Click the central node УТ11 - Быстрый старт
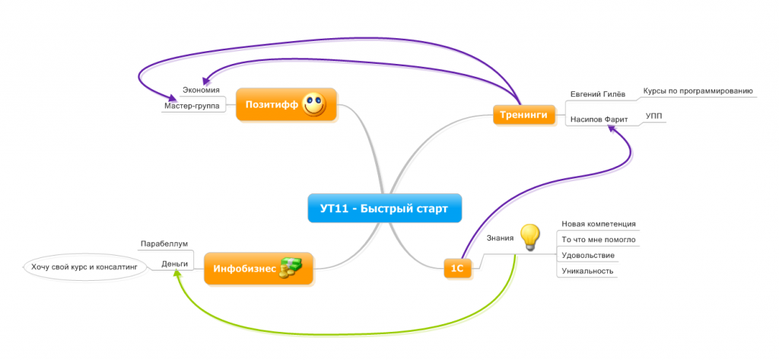click(384, 208)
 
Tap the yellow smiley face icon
click(313, 104)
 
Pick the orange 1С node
click(457, 268)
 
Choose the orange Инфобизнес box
click(244, 269)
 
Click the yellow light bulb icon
click(529, 235)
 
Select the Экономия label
click(201, 91)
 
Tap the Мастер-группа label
click(191, 106)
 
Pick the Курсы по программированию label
click(698, 91)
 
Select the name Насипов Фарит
click(597, 119)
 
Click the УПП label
click(653, 116)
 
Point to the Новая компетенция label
click(598, 224)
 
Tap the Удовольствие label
click(587, 255)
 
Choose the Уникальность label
click(587, 271)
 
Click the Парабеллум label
click(164, 244)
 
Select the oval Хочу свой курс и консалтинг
click(83, 268)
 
